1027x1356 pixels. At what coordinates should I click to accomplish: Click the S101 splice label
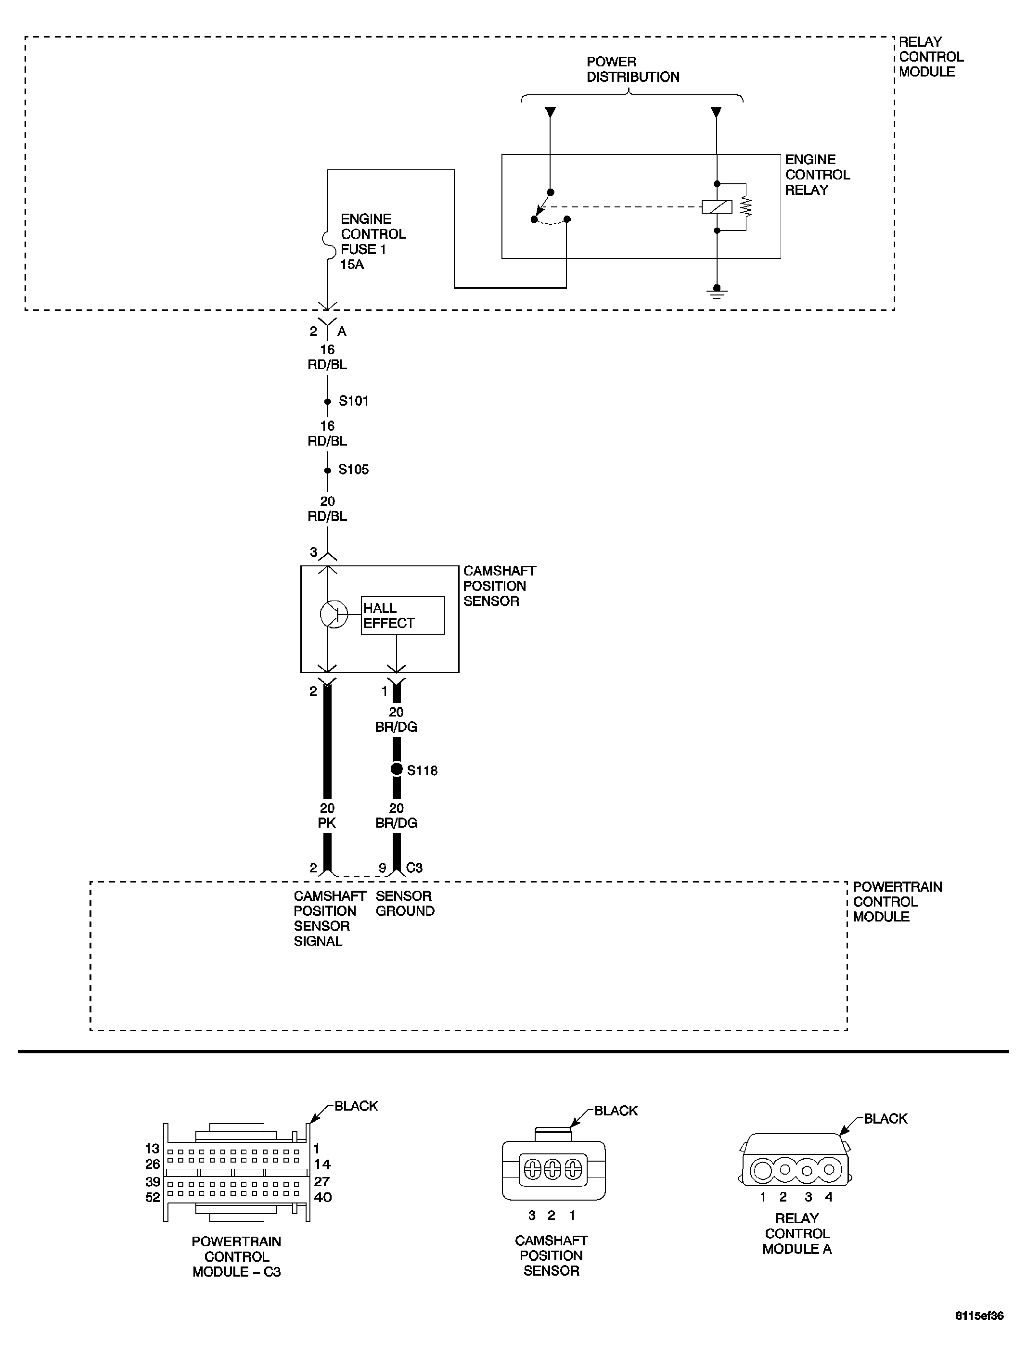(x=353, y=401)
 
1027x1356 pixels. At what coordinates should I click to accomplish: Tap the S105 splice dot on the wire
(x=327, y=470)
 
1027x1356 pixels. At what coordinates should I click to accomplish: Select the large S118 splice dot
(x=397, y=769)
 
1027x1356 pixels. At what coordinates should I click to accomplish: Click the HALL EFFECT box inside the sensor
(x=402, y=615)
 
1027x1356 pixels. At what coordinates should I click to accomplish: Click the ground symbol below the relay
(x=717, y=293)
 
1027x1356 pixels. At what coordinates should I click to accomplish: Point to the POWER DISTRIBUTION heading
(x=632, y=69)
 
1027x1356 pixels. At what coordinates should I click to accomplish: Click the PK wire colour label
(x=327, y=823)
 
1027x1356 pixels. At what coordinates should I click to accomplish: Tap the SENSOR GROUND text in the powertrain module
(x=405, y=904)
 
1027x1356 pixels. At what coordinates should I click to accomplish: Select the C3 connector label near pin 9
(x=414, y=868)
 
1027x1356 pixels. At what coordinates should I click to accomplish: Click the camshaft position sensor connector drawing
(x=553, y=1170)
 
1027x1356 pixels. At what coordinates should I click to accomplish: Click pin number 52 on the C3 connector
(x=153, y=1197)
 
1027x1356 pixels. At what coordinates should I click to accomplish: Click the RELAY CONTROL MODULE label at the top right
(x=930, y=57)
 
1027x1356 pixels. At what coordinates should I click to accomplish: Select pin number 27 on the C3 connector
(x=322, y=1181)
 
